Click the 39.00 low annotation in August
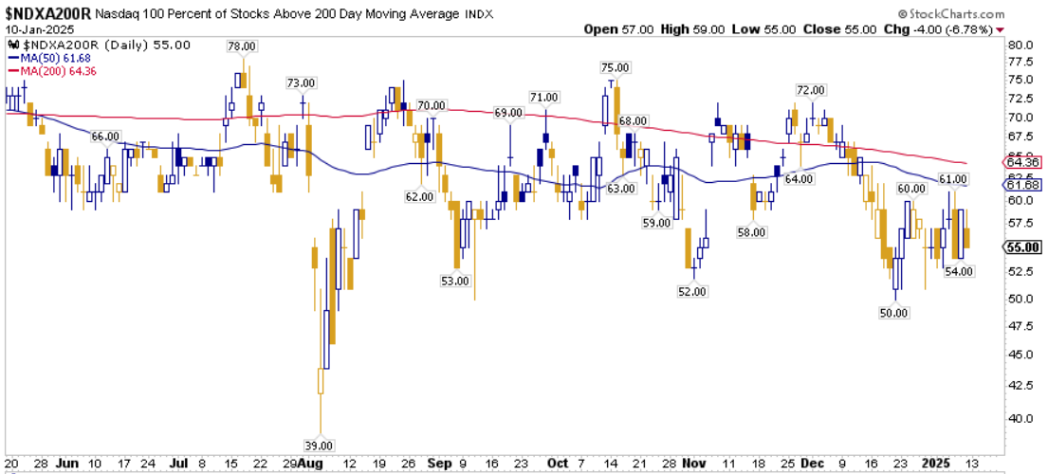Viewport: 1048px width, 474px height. coord(320,446)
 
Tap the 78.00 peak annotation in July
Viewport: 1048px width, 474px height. coord(241,46)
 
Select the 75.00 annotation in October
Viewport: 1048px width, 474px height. coord(615,67)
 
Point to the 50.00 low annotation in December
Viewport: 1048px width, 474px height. coord(894,312)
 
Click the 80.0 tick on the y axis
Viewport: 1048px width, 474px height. coord(1020,45)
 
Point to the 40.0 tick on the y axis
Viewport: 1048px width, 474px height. coord(1020,417)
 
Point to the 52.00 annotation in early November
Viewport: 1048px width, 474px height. coord(692,291)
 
